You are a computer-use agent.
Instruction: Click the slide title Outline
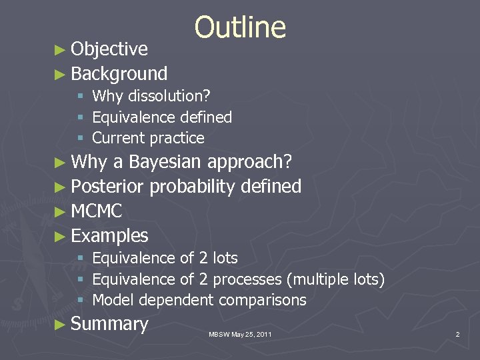click(x=240, y=28)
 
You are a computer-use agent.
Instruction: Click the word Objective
click(x=109, y=49)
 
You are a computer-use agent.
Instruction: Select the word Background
click(x=119, y=73)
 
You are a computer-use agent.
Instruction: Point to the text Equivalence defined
click(x=162, y=117)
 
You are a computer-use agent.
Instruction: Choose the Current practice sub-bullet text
click(x=148, y=139)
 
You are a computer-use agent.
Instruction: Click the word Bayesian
click(x=166, y=162)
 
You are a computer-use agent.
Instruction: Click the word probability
click(x=193, y=187)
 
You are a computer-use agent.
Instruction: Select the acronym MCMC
click(x=96, y=211)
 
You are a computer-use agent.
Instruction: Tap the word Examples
click(x=109, y=236)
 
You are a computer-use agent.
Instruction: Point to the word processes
click(x=247, y=279)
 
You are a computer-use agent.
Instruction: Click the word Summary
click(x=109, y=324)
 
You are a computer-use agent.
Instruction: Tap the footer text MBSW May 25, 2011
click(x=240, y=334)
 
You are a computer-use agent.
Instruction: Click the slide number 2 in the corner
click(x=457, y=334)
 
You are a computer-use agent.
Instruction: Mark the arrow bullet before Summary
click(x=62, y=325)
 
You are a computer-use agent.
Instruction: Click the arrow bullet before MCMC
click(x=62, y=212)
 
